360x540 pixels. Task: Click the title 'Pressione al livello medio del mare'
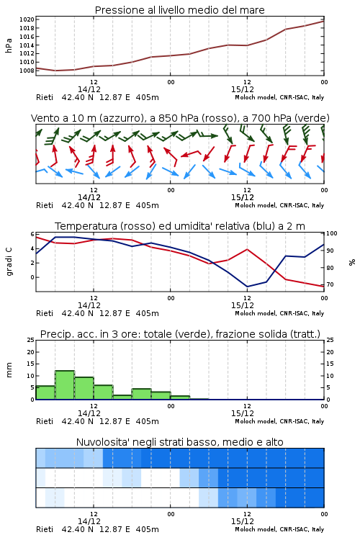point(179,10)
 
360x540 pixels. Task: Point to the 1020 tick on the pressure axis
point(27,19)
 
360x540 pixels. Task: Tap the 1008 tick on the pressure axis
point(27,71)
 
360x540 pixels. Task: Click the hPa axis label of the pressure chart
point(9,45)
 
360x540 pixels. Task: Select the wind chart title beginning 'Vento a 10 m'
point(180,118)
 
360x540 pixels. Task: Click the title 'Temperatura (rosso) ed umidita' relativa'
point(180,226)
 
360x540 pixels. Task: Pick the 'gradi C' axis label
point(9,262)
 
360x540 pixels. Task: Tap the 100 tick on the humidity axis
point(332,233)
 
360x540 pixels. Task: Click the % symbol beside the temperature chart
point(352,262)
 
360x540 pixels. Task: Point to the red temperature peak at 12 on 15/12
point(247,249)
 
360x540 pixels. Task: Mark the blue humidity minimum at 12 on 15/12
point(247,287)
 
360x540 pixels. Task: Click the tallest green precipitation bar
point(65,385)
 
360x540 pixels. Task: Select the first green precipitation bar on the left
point(45,392)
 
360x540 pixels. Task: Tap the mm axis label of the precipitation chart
point(9,369)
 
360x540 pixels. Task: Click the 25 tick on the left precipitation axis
point(31,340)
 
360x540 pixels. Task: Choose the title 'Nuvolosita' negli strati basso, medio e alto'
point(179,442)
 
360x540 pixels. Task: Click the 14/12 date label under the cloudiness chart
point(89,521)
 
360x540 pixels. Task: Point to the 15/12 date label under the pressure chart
point(243,89)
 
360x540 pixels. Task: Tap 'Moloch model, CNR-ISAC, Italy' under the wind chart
point(279,205)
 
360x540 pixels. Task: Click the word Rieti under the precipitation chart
point(45,421)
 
